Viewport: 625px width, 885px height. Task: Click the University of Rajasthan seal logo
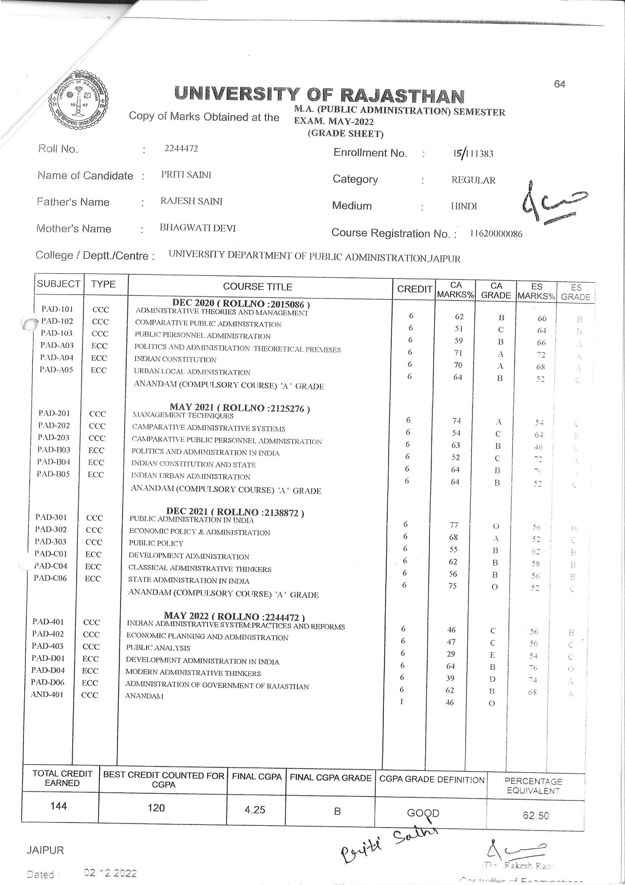click(78, 102)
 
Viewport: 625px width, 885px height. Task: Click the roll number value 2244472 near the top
click(181, 149)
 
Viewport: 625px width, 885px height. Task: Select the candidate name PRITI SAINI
click(186, 175)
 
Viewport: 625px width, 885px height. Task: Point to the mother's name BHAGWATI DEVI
click(198, 228)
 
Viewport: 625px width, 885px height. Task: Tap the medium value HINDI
click(464, 206)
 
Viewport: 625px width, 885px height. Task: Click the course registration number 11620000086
click(496, 233)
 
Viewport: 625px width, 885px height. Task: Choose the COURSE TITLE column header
click(257, 287)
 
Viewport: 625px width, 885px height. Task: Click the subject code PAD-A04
click(57, 357)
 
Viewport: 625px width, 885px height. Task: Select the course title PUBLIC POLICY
click(156, 543)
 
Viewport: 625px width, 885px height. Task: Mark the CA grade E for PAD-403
click(492, 655)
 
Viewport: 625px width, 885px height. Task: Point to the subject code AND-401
click(47, 694)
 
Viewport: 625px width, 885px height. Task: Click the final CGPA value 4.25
click(255, 810)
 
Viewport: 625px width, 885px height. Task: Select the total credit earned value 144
click(59, 806)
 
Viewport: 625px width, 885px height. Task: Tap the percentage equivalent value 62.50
click(536, 815)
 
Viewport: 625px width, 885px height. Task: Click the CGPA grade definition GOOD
click(423, 813)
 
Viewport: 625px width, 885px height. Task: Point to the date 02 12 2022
click(110, 873)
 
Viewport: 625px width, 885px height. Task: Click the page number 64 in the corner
click(560, 84)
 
